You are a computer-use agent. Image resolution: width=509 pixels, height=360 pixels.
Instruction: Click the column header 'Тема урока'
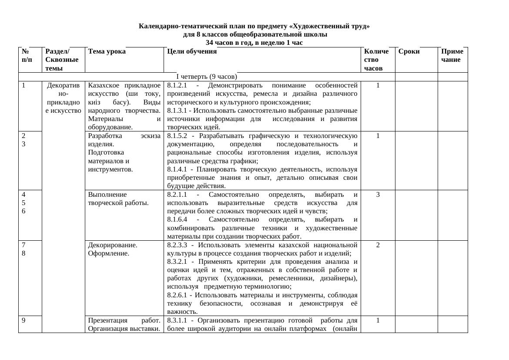tap(107, 51)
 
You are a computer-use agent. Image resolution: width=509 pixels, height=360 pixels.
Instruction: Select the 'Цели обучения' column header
tap(191, 51)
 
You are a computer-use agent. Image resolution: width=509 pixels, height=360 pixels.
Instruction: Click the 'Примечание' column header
tap(452, 55)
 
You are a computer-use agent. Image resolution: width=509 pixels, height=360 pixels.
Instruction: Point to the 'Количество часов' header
tap(376, 60)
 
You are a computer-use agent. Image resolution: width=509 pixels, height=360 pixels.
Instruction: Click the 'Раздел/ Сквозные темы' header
tap(62, 60)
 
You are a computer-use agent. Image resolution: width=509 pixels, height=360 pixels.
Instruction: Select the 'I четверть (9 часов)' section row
tap(206, 77)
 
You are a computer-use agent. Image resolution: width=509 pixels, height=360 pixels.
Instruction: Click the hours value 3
tap(378, 195)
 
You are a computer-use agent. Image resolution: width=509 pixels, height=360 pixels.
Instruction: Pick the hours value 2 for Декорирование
tap(378, 245)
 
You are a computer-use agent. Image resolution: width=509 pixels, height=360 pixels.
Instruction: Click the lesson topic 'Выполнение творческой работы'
tap(118, 199)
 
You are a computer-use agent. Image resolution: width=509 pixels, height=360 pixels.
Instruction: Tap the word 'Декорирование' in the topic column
tap(112, 245)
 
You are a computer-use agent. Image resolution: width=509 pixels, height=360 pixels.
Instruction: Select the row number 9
tap(23, 320)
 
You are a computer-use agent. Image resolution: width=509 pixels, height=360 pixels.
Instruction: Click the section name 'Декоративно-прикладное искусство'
tap(64, 98)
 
